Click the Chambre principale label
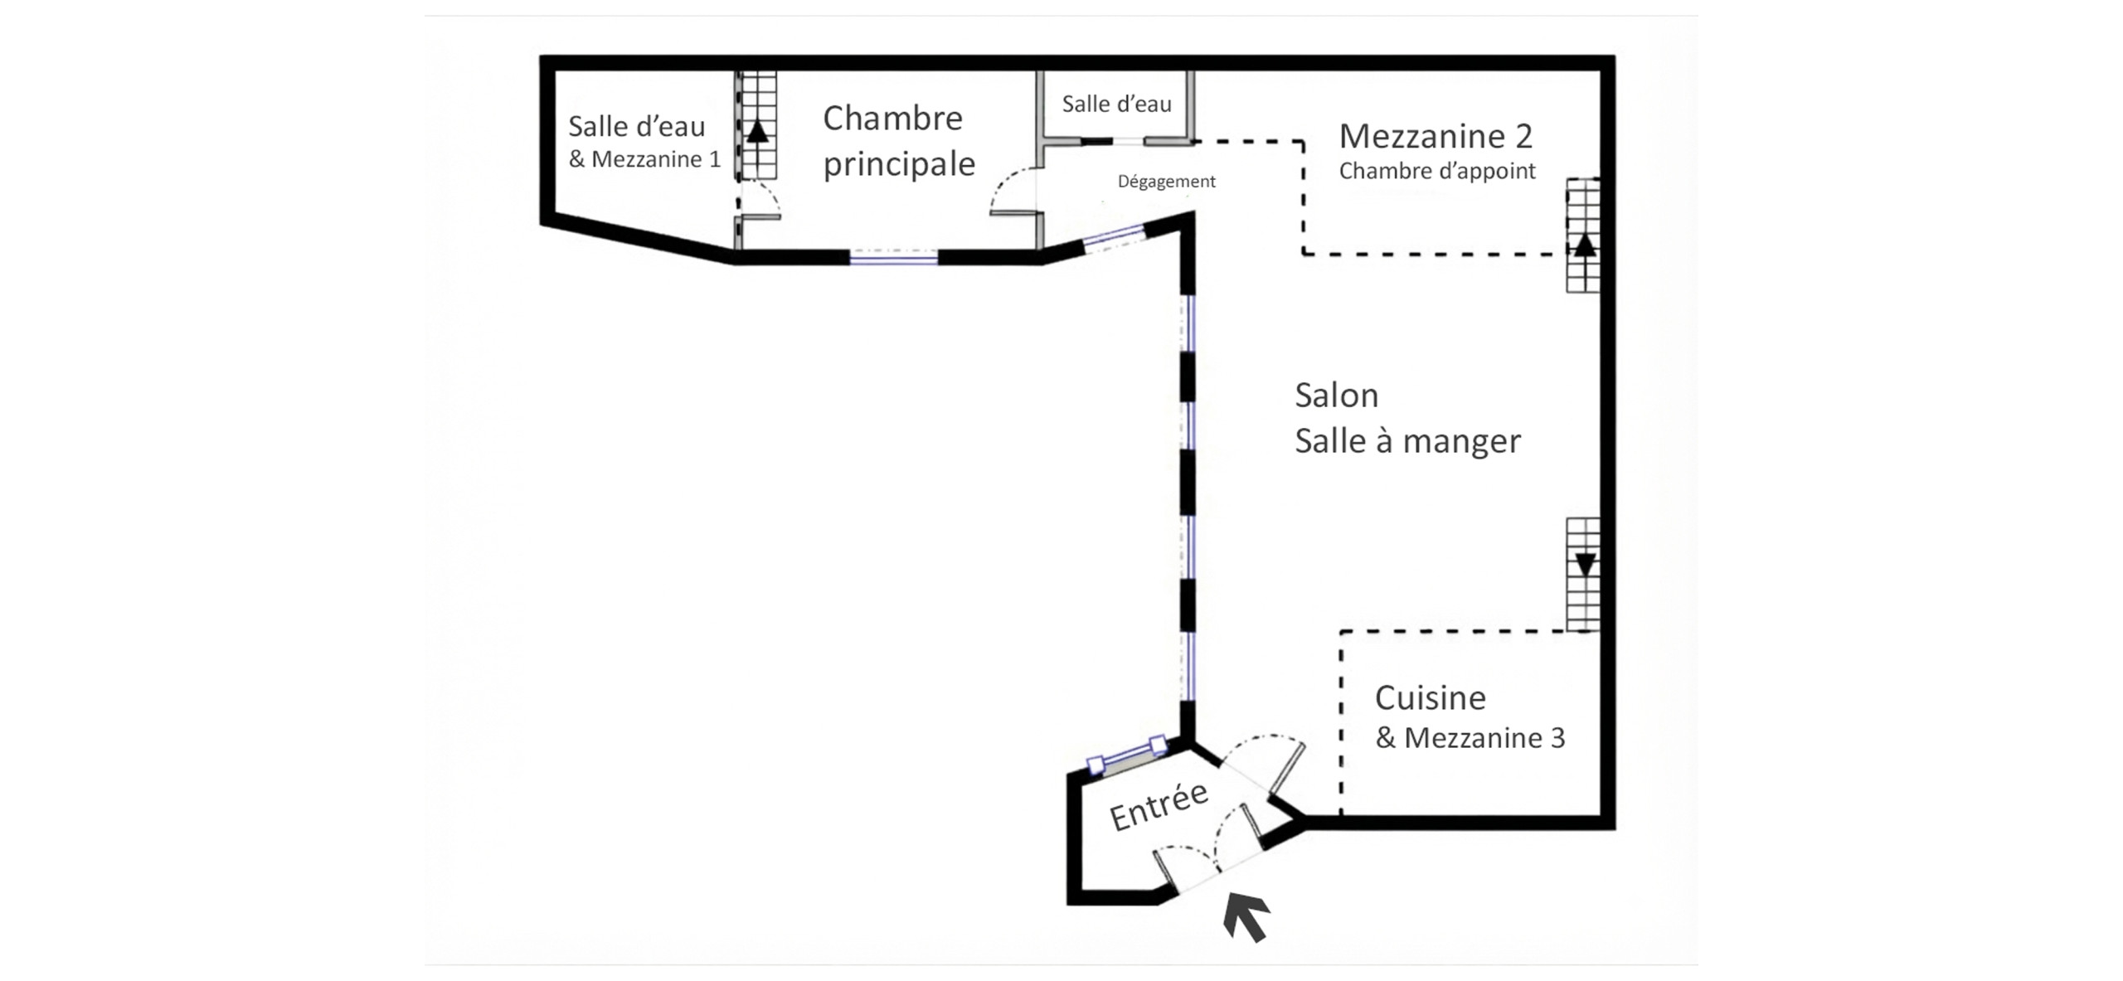click(899, 142)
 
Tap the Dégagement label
click(1166, 182)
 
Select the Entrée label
click(1159, 807)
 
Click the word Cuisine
click(1430, 698)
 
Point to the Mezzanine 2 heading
click(1436, 136)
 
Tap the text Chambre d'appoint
click(1437, 172)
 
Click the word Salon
click(1336, 396)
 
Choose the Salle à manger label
click(1407, 441)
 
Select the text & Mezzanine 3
click(1470, 738)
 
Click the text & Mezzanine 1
click(644, 159)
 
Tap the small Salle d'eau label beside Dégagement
click(1116, 104)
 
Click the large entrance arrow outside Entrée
click(1246, 916)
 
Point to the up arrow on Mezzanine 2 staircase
click(1584, 245)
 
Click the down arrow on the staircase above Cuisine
click(1585, 565)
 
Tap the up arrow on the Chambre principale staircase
click(756, 133)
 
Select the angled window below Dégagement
click(1114, 238)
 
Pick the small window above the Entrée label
click(1127, 755)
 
